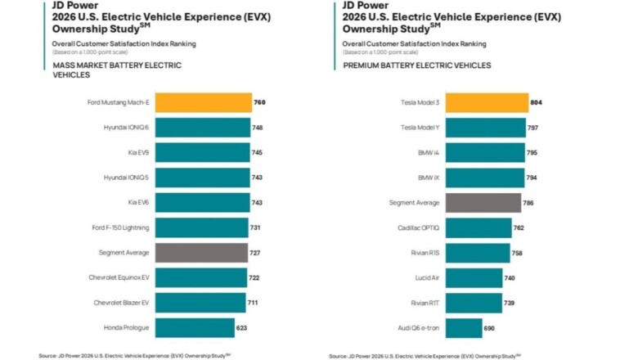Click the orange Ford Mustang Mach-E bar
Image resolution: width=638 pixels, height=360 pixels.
[x=203, y=102]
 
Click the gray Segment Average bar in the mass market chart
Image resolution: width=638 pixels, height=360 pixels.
[x=201, y=253]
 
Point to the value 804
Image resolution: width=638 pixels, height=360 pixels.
[x=537, y=103]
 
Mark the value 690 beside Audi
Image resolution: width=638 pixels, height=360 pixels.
[x=490, y=328]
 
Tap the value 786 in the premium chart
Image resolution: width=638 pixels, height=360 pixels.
[x=530, y=203]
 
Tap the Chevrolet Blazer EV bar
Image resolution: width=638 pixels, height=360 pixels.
[x=200, y=304]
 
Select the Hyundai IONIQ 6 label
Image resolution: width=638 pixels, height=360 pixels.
[x=125, y=128]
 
